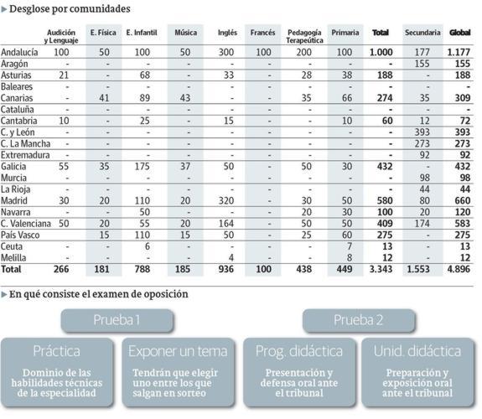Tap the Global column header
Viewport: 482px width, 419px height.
tap(459, 33)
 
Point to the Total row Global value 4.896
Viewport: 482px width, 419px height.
tap(459, 269)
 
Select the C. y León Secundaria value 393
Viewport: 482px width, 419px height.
tap(422, 132)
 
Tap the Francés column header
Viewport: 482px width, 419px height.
tap(263, 33)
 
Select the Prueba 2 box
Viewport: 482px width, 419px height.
tap(359, 319)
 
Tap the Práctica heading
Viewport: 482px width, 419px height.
tap(56, 350)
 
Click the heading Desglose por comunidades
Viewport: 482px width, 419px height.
tap(70, 8)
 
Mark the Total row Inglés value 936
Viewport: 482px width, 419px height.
tap(227, 269)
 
